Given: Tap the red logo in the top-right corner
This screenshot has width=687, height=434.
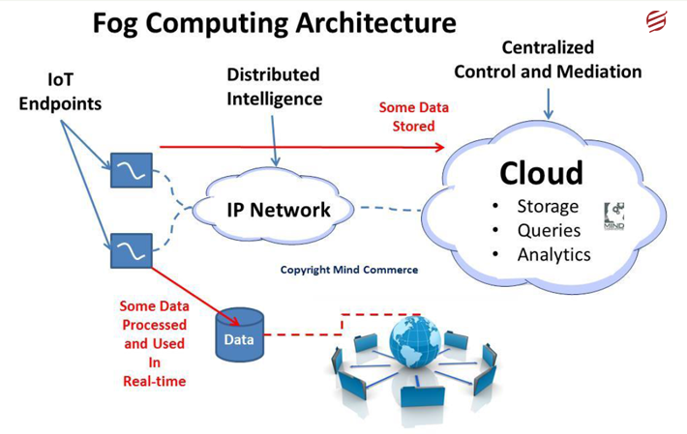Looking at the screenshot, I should coord(657,21).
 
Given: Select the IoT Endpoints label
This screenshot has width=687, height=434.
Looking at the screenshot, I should coord(60,92).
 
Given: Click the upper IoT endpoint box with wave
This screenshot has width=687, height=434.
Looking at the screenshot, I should coord(129,170).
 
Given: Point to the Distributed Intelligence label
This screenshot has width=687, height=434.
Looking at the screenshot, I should coord(274,86).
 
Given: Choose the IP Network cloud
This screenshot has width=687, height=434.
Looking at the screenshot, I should coord(278,210).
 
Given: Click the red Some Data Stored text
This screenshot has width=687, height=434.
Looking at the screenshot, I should coord(406,117).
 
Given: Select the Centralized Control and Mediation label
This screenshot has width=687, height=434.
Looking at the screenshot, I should coord(547,59).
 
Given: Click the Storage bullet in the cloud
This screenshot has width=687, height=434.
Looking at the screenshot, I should coord(547,206).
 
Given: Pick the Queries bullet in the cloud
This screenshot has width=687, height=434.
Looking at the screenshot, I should coord(548,230).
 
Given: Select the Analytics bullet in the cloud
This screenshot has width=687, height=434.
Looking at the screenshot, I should coord(553,254).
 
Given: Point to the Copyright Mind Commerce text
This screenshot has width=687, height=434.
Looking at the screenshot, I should coord(348,270).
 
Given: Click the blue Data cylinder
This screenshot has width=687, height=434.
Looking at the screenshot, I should coord(239,334).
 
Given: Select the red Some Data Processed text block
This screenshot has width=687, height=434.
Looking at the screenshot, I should coord(154,342).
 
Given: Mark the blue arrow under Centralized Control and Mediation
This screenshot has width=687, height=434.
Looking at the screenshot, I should coord(549,103).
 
